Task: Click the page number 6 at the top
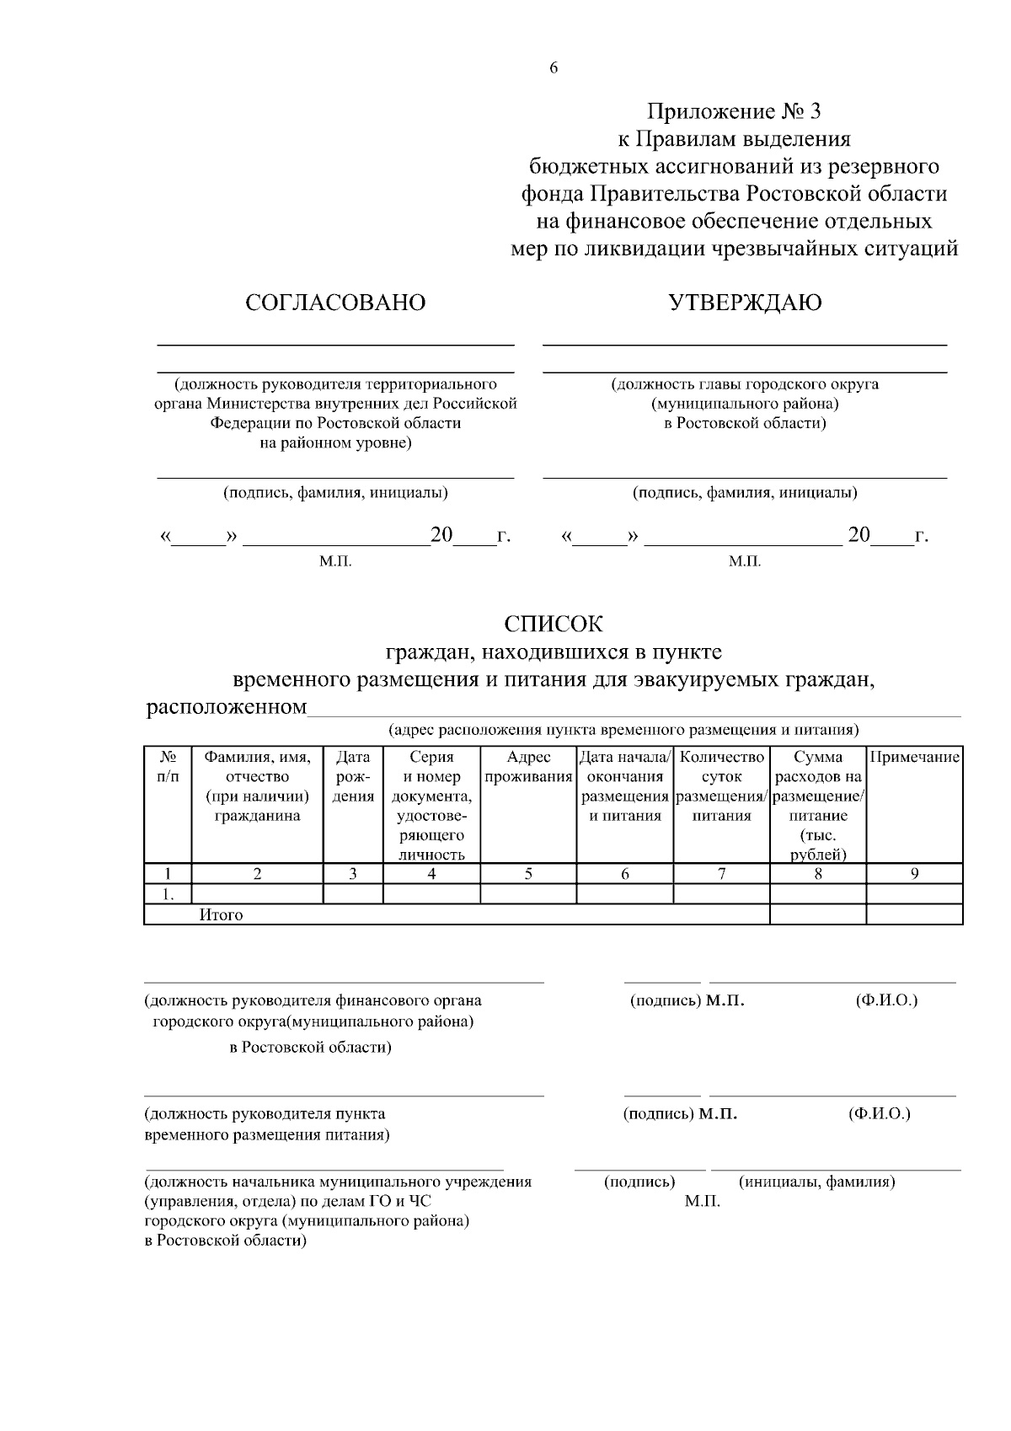tap(554, 69)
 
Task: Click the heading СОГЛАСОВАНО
tap(335, 303)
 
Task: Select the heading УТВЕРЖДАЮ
tap(745, 303)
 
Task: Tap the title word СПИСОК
tap(554, 624)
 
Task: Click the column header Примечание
tap(914, 758)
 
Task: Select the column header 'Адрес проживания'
tap(528, 767)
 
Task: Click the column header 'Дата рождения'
tap(353, 777)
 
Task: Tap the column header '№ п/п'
tap(168, 767)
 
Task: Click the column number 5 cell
tap(528, 874)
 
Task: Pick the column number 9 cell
tap(914, 874)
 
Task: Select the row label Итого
tap(221, 915)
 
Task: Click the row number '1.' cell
tap(168, 894)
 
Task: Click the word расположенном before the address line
tap(227, 706)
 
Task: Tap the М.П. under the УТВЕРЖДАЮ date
tap(745, 561)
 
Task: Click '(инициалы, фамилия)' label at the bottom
tap(816, 1182)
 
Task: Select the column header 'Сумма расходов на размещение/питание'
tap(817, 806)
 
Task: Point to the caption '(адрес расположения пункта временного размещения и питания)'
tap(623, 729)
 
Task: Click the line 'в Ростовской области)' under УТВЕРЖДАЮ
tap(745, 423)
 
